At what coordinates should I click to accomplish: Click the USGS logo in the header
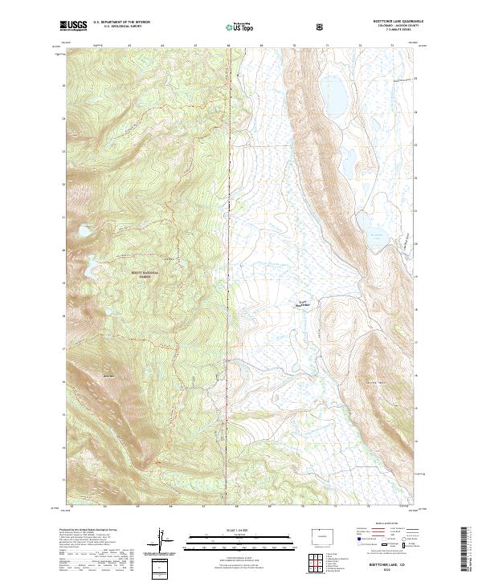73,26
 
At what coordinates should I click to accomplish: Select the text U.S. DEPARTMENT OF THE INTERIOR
119,23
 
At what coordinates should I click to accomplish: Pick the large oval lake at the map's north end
333,95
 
